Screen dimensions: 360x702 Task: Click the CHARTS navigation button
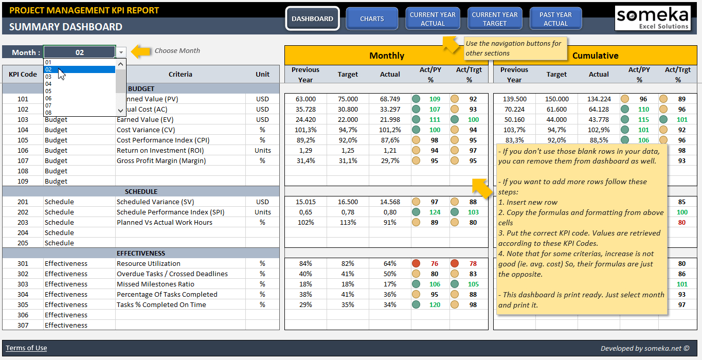[372, 19]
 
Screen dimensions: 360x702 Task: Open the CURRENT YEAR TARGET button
[495, 19]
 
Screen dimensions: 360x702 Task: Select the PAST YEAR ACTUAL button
[555, 19]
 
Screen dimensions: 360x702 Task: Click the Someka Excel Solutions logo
[653, 18]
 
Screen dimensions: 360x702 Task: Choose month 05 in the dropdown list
[48, 91]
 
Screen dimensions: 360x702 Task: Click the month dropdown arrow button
[121, 52]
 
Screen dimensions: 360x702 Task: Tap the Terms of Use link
[26, 348]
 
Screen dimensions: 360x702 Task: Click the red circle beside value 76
[416, 263]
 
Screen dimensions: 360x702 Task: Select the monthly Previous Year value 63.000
[305, 99]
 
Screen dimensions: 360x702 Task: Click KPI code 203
[23, 222]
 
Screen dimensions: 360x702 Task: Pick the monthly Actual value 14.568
[390, 202]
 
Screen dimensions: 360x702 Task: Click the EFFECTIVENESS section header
[141, 253]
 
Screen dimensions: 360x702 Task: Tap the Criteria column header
[180, 74]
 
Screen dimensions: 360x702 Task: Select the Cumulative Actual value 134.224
[599, 99]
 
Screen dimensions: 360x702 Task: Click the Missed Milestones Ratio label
[155, 284]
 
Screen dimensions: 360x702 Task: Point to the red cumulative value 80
[682, 222]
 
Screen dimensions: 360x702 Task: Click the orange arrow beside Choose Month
[141, 51]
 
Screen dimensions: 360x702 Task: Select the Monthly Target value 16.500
[348, 202]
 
